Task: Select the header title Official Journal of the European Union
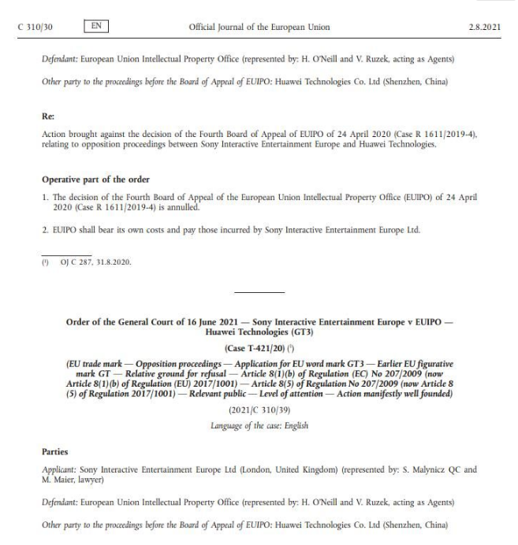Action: coord(259,28)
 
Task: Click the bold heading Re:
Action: coord(47,114)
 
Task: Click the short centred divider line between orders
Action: coord(259,294)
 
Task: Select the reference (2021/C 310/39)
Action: coord(259,410)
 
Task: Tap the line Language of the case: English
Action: coord(259,425)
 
